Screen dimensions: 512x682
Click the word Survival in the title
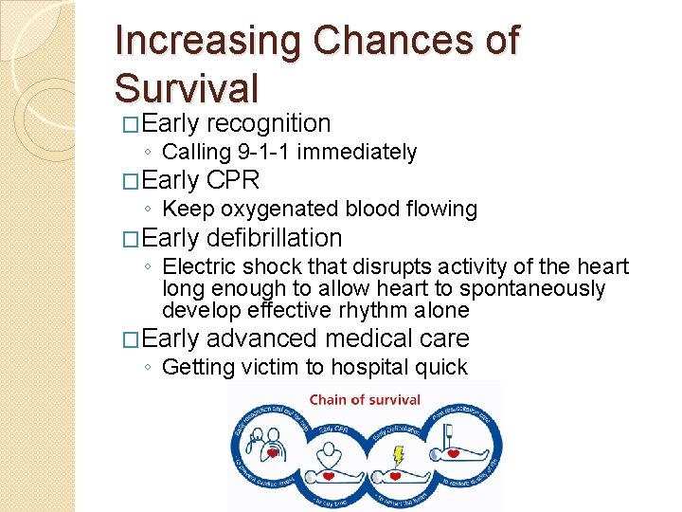(186, 87)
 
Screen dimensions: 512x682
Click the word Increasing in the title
(206, 41)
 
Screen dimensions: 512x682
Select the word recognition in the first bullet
(268, 123)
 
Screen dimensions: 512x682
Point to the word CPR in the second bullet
(232, 180)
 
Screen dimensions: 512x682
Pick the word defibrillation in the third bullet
(274, 238)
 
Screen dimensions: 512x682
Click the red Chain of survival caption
(366, 399)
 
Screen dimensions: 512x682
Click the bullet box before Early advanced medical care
(131, 339)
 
